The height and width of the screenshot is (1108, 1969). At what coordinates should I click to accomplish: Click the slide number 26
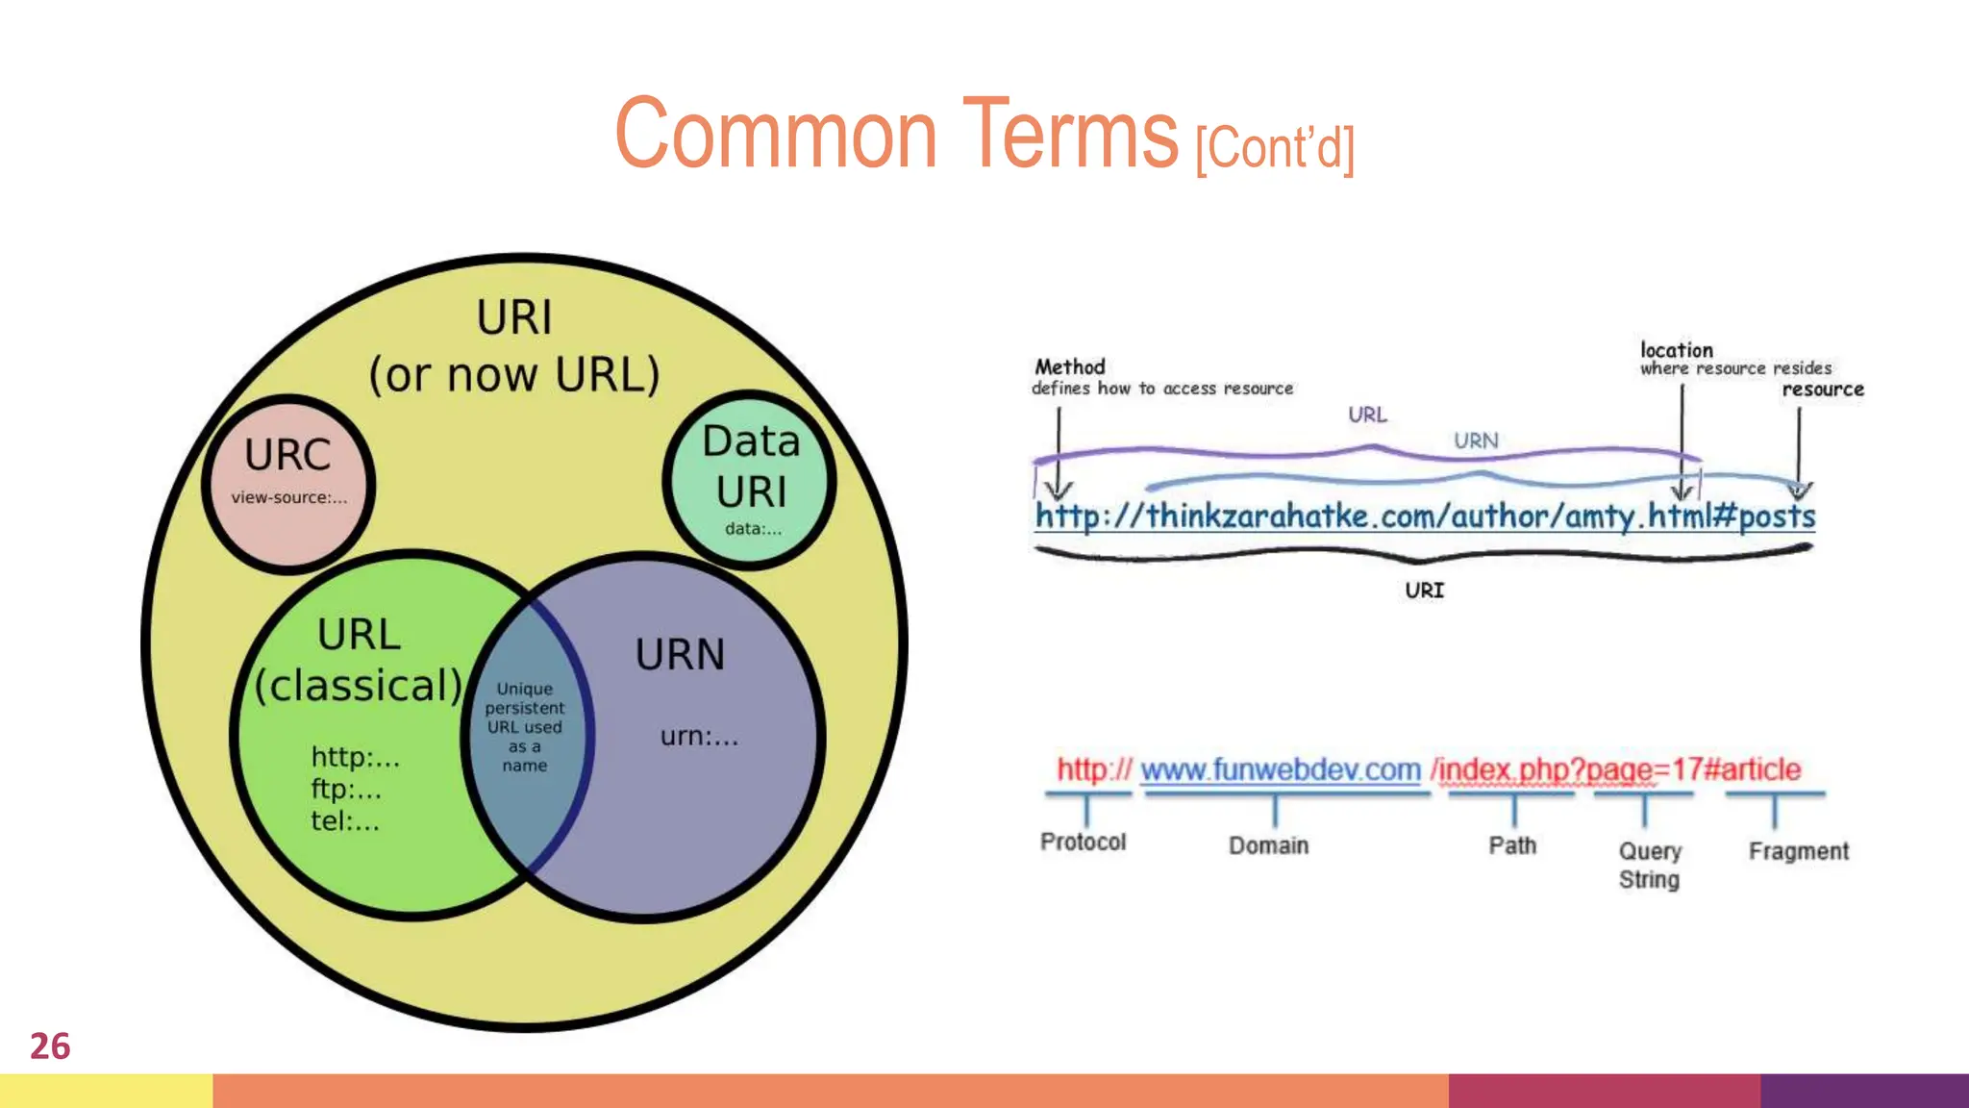(50, 1046)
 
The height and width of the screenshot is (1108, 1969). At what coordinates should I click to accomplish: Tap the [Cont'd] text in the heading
(1275, 148)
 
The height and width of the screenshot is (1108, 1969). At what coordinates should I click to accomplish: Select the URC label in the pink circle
(287, 455)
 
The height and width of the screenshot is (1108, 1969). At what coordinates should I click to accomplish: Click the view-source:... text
(288, 497)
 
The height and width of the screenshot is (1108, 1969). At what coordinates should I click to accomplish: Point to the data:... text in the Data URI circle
(753, 528)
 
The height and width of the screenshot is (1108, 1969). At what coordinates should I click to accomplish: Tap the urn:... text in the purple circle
(699, 737)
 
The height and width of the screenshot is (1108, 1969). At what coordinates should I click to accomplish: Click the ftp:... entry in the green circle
(346, 790)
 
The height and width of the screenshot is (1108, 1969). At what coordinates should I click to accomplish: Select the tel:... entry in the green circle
(344, 821)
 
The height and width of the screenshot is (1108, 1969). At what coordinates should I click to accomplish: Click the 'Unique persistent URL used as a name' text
(524, 727)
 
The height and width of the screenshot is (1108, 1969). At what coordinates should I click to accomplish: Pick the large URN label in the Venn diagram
(680, 655)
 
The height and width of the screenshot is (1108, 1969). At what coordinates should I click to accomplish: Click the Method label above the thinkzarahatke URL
(1069, 366)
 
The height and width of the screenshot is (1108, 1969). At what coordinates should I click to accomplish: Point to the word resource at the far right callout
(1822, 390)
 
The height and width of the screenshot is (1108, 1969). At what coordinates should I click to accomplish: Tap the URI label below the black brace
(1424, 591)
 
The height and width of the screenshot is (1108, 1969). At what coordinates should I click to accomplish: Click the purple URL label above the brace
(1367, 415)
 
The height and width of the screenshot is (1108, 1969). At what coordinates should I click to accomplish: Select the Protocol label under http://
(1083, 842)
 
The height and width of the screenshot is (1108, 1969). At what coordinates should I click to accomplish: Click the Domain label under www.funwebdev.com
(1268, 845)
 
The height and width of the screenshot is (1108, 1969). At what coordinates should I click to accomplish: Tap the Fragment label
(1798, 851)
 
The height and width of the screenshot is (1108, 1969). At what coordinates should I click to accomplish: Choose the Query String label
(1649, 865)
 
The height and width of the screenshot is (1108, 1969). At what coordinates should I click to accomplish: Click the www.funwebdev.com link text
(1280, 769)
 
